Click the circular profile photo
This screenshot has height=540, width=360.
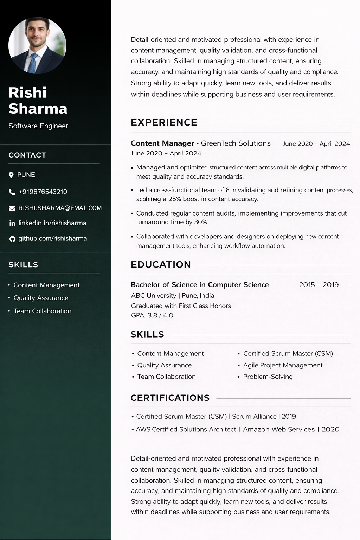point(37,45)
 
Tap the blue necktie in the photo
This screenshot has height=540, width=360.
point(33,63)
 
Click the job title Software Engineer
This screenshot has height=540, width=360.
point(38,126)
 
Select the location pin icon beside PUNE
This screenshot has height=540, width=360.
point(11,175)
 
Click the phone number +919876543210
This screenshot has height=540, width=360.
point(43,192)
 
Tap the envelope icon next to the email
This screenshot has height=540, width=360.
point(12,208)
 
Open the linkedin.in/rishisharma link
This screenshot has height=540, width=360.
point(52,223)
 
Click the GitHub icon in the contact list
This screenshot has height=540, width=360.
point(12,239)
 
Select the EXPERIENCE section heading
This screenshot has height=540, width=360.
point(164,122)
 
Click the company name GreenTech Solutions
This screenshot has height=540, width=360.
point(236,143)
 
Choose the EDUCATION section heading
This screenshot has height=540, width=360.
point(161,264)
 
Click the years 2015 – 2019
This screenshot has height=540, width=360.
point(319,285)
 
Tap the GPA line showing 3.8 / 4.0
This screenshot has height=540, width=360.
point(152,315)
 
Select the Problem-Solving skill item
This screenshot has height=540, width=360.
point(268,377)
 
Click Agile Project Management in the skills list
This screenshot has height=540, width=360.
point(283,365)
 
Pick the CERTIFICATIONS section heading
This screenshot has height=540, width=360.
point(170,398)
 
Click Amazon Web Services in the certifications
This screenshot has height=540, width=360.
point(279,429)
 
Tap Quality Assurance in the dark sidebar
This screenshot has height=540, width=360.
point(41,298)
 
